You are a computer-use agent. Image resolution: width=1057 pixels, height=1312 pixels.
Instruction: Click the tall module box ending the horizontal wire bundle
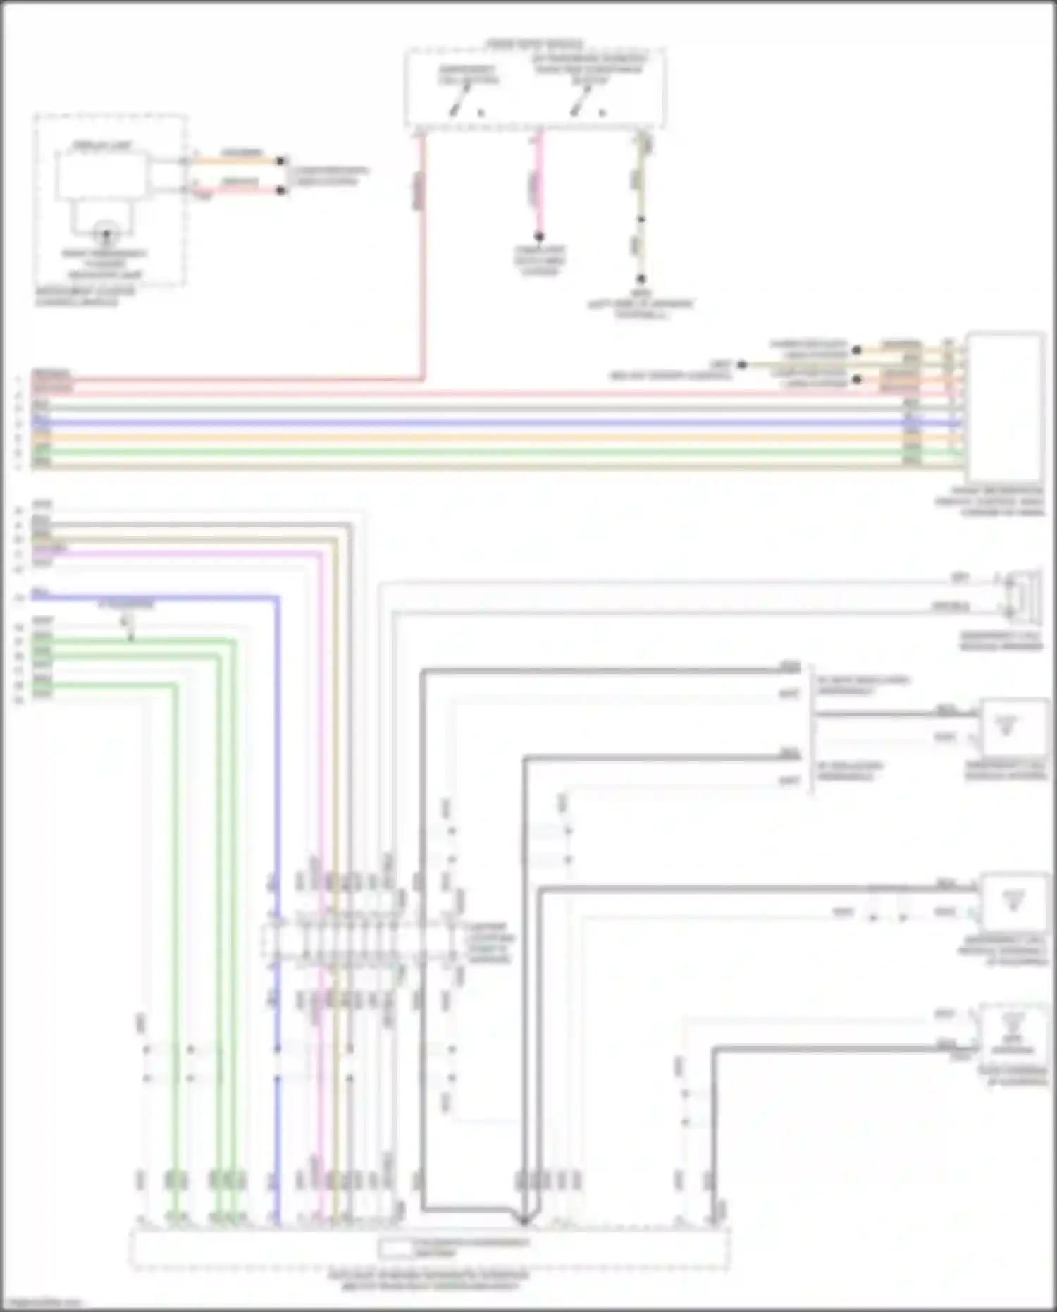[x=1006, y=407]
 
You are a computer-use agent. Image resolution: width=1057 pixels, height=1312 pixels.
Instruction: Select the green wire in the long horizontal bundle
[x=493, y=452]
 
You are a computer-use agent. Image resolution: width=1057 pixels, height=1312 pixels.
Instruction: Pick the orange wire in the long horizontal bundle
[x=493, y=438]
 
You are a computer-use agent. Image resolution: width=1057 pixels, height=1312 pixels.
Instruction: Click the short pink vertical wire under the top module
[x=538, y=183]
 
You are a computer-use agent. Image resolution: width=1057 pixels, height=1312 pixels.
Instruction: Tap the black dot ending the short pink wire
[x=538, y=236]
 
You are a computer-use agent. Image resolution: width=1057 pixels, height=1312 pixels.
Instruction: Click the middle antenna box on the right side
[x=1014, y=903]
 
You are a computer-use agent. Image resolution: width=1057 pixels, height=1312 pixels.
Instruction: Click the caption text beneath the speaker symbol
[x=1001, y=641]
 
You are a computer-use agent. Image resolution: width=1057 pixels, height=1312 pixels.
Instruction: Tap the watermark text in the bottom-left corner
[x=41, y=1304]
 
